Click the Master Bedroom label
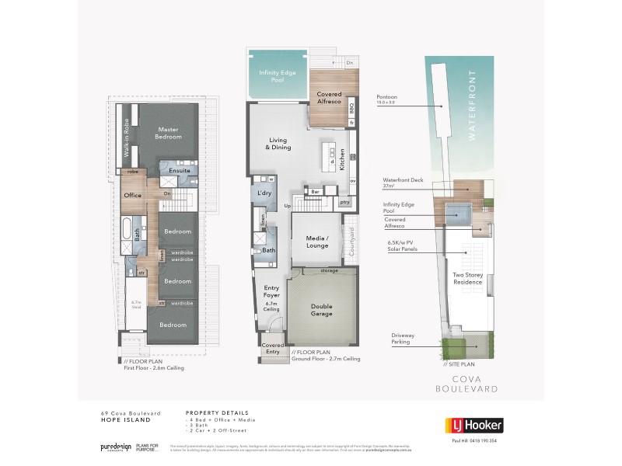(x=169, y=133)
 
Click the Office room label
(x=132, y=196)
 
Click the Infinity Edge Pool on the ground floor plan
(x=275, y=78)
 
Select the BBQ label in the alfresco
(x=351, y=106)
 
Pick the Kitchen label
(x=352, y=157)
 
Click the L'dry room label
(x=264, y=193)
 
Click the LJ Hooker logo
(x=474, y=425)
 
